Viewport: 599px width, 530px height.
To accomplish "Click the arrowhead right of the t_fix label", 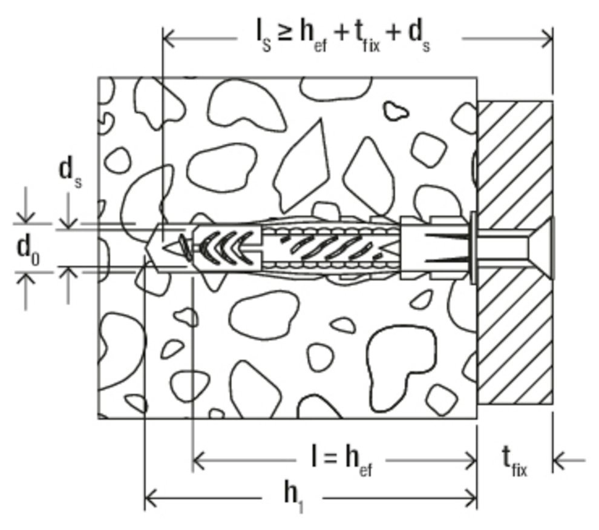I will [x=560, y=462].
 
